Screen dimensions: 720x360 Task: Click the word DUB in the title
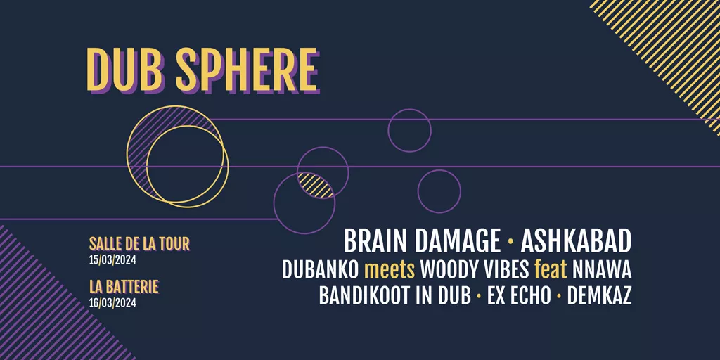point(126,70)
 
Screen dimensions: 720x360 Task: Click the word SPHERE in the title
point(247,70)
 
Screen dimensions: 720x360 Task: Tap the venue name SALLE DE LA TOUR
point(140,244)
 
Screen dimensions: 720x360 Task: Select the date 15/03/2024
point(113,260)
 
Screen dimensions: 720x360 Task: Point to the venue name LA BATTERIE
point(124,287)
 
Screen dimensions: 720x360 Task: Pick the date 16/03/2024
point(113,303)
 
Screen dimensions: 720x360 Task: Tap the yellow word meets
point(390,271)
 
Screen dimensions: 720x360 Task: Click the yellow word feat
point(551,271)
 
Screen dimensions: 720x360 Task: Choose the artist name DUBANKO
point(320,271)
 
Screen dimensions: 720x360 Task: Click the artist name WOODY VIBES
point(475,271)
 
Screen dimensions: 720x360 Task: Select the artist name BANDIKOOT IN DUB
point(395,297)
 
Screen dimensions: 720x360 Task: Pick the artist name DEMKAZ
point(599,297)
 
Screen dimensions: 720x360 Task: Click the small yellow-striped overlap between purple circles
point(316,185)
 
